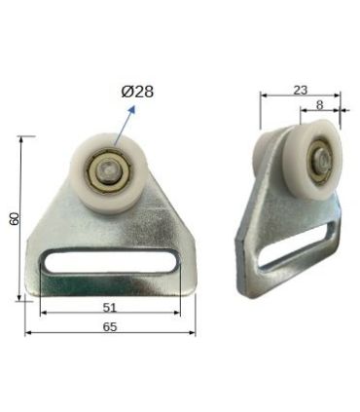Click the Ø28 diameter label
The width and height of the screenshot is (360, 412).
(137, 92)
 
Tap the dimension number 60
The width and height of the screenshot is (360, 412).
(14, 218)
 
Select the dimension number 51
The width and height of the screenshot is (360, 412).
(110, 304)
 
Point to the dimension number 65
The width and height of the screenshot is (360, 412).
(110, 327)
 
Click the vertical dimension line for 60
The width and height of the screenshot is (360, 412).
(21, 218)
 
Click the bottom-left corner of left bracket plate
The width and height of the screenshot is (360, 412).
(29, 292)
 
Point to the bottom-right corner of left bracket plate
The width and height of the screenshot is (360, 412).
(193, 289)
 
